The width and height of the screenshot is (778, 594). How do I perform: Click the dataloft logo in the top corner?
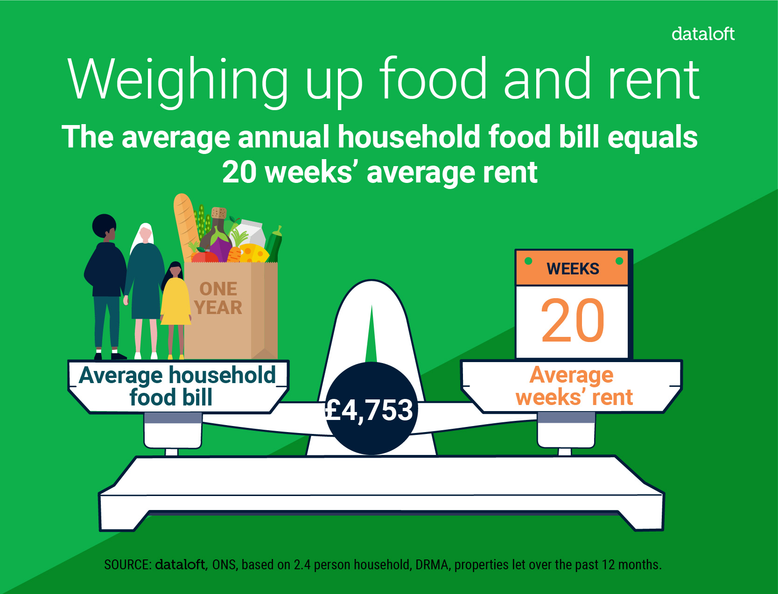click(703, 34)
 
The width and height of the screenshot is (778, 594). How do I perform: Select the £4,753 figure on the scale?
click(369, 410)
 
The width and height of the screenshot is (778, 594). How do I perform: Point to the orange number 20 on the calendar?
click(573, 321)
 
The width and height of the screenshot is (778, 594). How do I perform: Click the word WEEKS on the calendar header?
click(573, 269)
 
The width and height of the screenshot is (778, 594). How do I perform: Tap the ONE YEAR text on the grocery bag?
click(218, 298)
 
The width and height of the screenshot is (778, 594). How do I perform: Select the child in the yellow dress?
click(175, 310)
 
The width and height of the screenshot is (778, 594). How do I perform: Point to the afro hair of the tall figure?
click(104, 225)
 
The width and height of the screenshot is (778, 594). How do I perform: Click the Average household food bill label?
click(177, 386)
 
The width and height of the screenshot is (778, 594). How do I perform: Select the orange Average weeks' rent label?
click(574, 386)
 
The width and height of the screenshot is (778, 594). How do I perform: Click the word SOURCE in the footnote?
click(127, 565)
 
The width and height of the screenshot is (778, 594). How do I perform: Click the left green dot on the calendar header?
click(528, 261)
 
